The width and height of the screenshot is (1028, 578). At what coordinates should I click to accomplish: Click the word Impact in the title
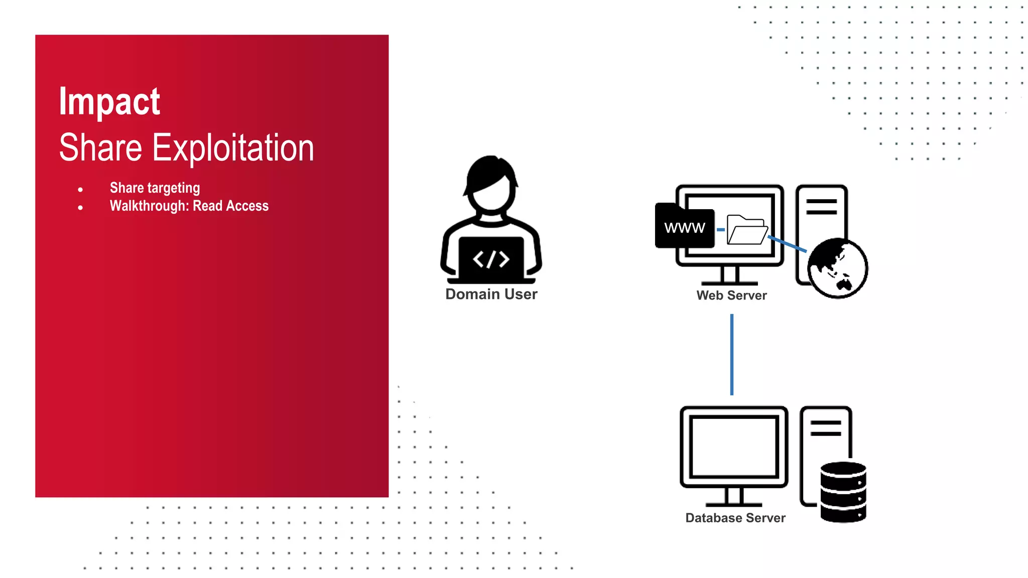[x=109, y=102]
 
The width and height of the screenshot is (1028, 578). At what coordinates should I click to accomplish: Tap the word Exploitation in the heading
[x=233, y=148]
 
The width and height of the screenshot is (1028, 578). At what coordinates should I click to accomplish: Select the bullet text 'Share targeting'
[x=155, y=188]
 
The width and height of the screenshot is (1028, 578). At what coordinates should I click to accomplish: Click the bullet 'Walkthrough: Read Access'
[x=189, y=206]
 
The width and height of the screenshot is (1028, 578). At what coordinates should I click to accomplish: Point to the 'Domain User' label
[x=491, y=294]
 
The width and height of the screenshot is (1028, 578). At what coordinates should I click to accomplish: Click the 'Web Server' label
[x=731, y=296]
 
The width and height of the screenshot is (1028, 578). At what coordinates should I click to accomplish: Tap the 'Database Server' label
[x=735, y=518]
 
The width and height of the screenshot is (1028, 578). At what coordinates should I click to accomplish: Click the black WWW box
[x=685, y=227]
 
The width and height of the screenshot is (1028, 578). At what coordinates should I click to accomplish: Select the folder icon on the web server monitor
[x=747, y=230]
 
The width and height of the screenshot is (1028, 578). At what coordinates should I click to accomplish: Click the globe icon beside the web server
[x=838, y=268]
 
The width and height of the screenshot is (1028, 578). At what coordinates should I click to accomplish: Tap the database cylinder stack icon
[x=843, y=492]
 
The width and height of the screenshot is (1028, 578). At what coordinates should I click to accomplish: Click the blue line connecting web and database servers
[x=732, y=354]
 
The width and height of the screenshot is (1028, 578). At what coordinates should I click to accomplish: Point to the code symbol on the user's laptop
[x=491, y=259]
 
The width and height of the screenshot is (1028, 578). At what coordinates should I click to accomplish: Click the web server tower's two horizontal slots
[x=821, y=206]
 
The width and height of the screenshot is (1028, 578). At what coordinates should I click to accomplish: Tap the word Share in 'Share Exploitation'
[x=100, y=148]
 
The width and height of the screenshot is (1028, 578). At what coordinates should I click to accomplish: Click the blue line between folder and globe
[x=788, y=244]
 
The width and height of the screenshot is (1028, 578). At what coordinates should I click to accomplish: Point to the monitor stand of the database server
[x=734, y=498]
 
